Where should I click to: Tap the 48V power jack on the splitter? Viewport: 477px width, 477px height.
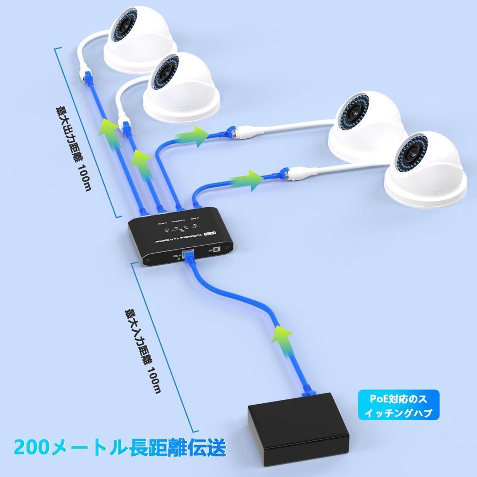(217, 249)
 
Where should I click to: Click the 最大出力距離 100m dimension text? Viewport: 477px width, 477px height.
(73, 148)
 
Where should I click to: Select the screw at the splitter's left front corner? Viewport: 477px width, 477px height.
(147, 260)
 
